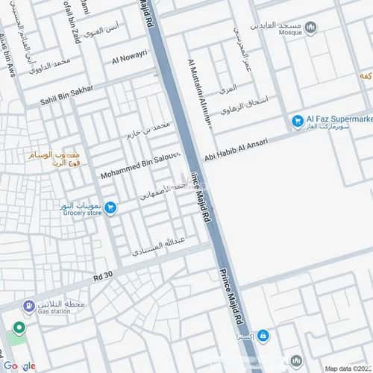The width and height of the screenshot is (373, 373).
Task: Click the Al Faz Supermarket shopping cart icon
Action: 298,120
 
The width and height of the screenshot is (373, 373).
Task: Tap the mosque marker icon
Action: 310,27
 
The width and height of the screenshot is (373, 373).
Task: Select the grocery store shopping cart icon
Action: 110,208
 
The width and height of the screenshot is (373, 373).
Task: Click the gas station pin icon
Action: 28,307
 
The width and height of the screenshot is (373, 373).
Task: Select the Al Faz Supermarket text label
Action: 339,119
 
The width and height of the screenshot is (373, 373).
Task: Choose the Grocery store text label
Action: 81,213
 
